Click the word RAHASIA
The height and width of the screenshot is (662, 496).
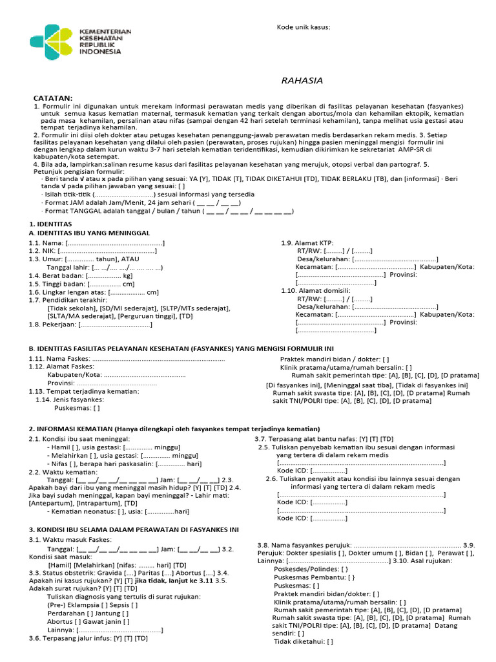302,81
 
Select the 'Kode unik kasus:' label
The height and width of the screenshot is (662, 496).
304,28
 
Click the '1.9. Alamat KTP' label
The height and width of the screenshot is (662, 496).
307,242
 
